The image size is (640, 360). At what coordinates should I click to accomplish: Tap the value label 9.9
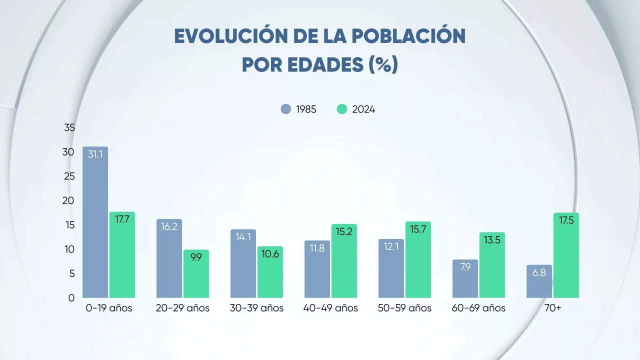196,257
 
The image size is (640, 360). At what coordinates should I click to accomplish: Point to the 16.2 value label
169,226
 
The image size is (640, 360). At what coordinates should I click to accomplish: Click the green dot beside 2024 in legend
342,109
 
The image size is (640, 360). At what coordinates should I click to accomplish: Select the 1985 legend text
306,109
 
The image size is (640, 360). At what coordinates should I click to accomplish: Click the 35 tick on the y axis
69,128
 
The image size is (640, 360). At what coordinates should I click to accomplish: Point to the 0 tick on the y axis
71,298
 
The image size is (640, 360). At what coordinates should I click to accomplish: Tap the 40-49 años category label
330,308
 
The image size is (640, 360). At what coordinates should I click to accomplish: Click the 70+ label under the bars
552,308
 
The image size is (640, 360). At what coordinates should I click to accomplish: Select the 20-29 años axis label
182,308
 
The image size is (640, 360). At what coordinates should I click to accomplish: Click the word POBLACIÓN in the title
408,36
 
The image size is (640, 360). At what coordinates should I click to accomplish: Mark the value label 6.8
539,273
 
